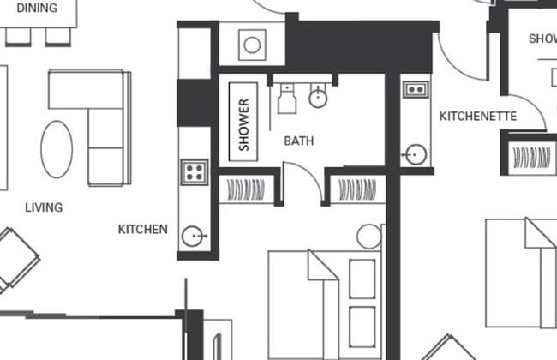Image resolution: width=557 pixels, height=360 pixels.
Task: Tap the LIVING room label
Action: tap(43, 207)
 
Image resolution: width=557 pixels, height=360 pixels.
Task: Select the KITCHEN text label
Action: tap(143, 230)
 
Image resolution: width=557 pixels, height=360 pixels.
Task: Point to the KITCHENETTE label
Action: tap(478, 116)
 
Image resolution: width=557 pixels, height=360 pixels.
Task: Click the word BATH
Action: tap(298, 140)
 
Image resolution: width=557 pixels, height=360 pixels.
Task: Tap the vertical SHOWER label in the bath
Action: tap(244, 124)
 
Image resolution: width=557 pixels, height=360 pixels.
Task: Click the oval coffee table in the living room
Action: tap(57, 149)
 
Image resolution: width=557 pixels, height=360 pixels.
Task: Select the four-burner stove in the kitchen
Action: tap(194, 171)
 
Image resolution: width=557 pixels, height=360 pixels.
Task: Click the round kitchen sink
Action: tap(194, 235)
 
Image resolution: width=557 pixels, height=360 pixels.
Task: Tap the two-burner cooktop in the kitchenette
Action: tap(416, 88)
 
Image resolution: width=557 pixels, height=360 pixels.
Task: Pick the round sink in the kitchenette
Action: tap(416, 155)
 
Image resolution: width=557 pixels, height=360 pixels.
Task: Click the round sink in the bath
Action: tap(319, 97)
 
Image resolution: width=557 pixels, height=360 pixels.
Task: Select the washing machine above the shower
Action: tap(251, 45)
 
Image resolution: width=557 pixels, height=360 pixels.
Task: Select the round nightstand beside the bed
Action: tap(368, 236)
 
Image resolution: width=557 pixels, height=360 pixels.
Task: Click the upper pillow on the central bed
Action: tap(363, 278)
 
